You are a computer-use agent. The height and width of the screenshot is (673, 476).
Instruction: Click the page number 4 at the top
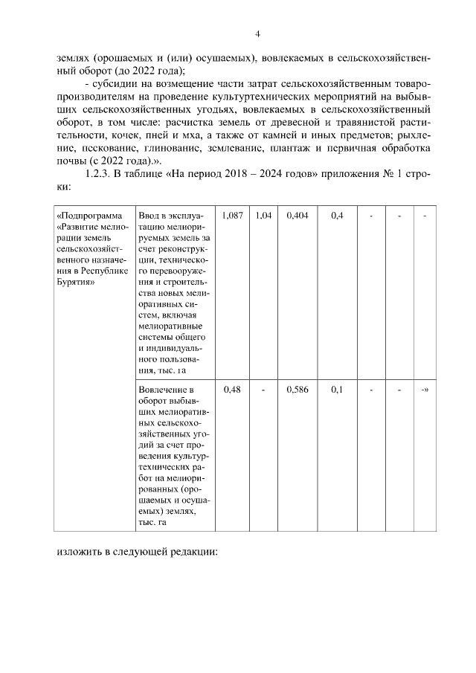tap(257, 33)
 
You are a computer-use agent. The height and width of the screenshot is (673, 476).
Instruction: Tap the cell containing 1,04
tap(263, 215)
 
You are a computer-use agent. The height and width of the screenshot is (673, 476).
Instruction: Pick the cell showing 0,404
tap(295, 215)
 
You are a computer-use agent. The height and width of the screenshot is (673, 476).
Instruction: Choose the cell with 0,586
tap(295, 389)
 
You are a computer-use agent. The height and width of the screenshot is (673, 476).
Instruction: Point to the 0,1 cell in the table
tap(337, 389)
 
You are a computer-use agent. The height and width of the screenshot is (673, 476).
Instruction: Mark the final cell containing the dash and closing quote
tap(424, 389)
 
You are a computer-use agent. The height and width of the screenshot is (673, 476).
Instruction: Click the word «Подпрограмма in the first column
tap(87, 216)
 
